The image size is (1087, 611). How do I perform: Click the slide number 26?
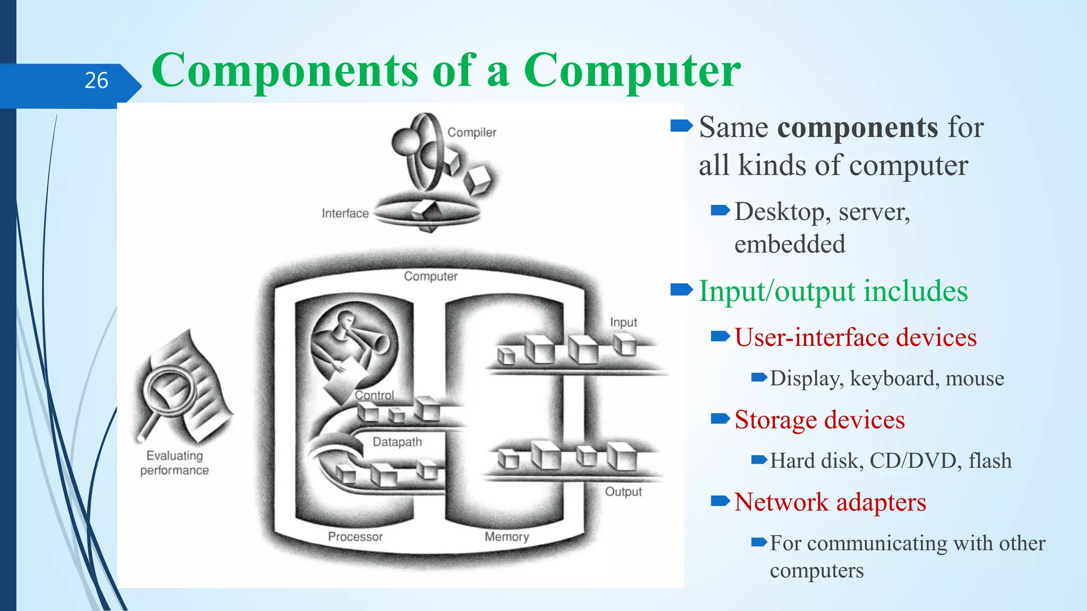click(96, 81)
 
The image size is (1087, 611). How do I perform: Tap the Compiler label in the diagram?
click(471, 132)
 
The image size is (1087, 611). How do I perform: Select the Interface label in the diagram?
click(345, 213)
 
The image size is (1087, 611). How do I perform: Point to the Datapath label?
click(397, 442)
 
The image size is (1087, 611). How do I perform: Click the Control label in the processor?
click(374, 395)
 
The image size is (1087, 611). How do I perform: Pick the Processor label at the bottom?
click(355, 536)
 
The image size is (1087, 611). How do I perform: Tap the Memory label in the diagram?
click(506, 536)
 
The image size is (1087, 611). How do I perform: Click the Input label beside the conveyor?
click(623, 322)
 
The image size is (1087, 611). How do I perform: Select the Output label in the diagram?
click(623, 492)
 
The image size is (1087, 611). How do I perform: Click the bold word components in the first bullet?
click(858, 127)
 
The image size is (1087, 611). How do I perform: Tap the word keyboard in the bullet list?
click(895, 379)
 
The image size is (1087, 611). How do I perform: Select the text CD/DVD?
click(916, 460)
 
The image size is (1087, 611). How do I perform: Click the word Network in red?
click(781, 502)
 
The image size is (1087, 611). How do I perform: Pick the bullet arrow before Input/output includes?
click(681, 290)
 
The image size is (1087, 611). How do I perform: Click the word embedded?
click(790, 245)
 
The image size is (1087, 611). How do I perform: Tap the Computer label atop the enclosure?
click(430, 276)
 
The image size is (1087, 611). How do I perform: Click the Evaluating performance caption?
click(174, 463)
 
